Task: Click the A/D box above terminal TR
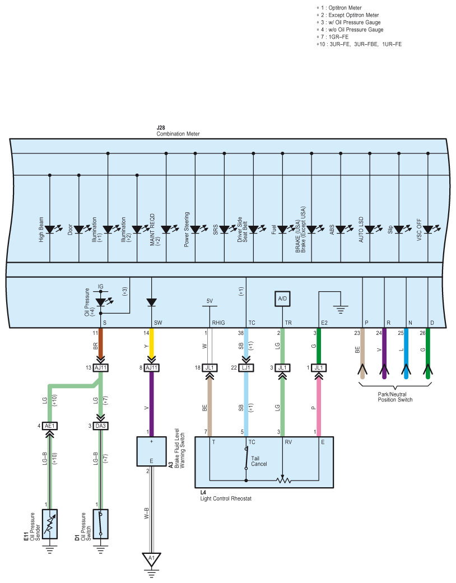[282, 299]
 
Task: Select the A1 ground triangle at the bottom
[151, 559]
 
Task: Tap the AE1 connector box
[49, 426]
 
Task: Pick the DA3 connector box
[100, 426]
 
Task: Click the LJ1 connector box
[246, 368]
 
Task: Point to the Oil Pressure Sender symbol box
[49, 524]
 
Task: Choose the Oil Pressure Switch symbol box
[100, 524]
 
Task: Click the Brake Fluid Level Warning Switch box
[151, 451]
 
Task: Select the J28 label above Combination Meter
[161, 128]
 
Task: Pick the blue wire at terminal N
[406, 353]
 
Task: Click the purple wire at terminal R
[384, 353]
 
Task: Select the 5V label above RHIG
[210, 301]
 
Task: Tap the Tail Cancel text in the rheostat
[259, 461]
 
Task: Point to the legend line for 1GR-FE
[333, 37]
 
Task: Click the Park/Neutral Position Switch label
[395, 397]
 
